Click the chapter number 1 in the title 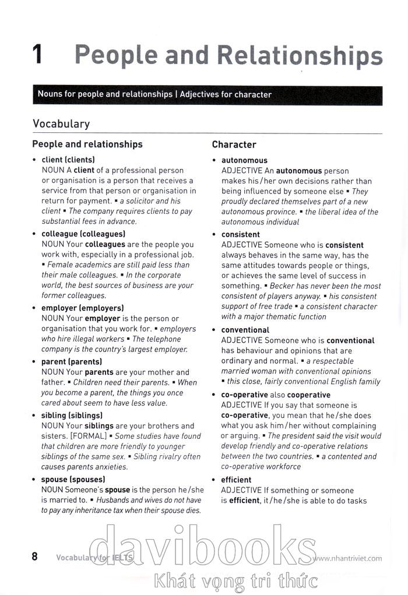tap(38, 55)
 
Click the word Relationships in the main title tap(300, 55)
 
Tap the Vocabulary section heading tap(61, 124)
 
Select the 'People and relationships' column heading tap(87, 144)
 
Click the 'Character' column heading tap(234, 145)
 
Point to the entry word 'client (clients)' tap(68, 160)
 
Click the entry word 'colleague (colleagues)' tap(83, 234)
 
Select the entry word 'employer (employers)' tap(82, 308)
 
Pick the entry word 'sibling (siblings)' tap(72, 416)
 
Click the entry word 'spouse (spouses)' tap(73, 480)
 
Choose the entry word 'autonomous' tap(244, 160)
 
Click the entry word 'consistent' tap(241, 234)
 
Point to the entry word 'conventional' tap(245, 330)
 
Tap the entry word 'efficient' tap(237, 480)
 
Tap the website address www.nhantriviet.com tap(347, 558)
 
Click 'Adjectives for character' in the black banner tap(226, 94)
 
